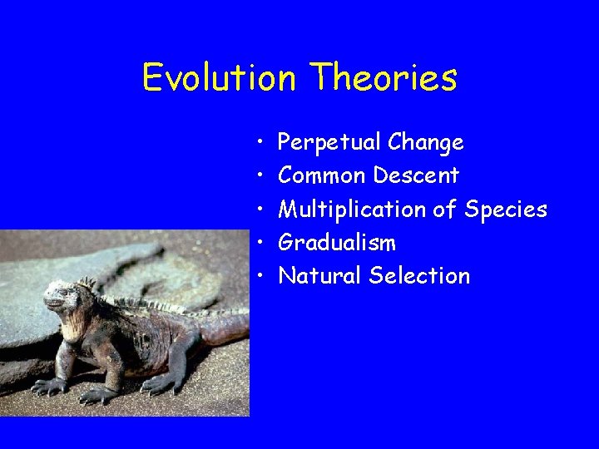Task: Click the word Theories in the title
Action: click(384, 78)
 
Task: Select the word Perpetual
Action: click(329, 143)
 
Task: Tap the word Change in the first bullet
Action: click(425, 143)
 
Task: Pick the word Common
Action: click(322, 176)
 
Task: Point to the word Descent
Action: click(416, 176)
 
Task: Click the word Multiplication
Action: click(352, 210)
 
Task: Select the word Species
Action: click(506, 210)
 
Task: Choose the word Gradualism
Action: click(337, 243)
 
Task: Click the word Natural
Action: click(320, 276)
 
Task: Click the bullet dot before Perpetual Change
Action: click(260, 143)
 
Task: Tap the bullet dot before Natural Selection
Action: click(260, 276)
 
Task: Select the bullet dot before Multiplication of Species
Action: click(260, 210)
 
